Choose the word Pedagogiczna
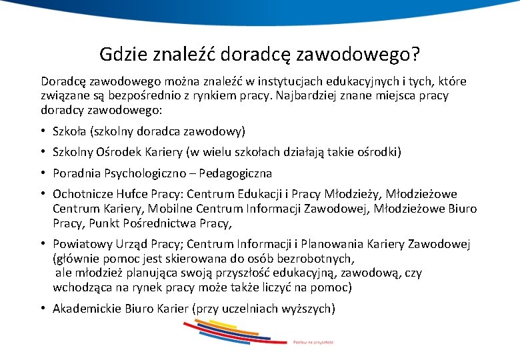point(239,173)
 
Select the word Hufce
point(133,195)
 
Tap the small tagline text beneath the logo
point(313,342)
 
